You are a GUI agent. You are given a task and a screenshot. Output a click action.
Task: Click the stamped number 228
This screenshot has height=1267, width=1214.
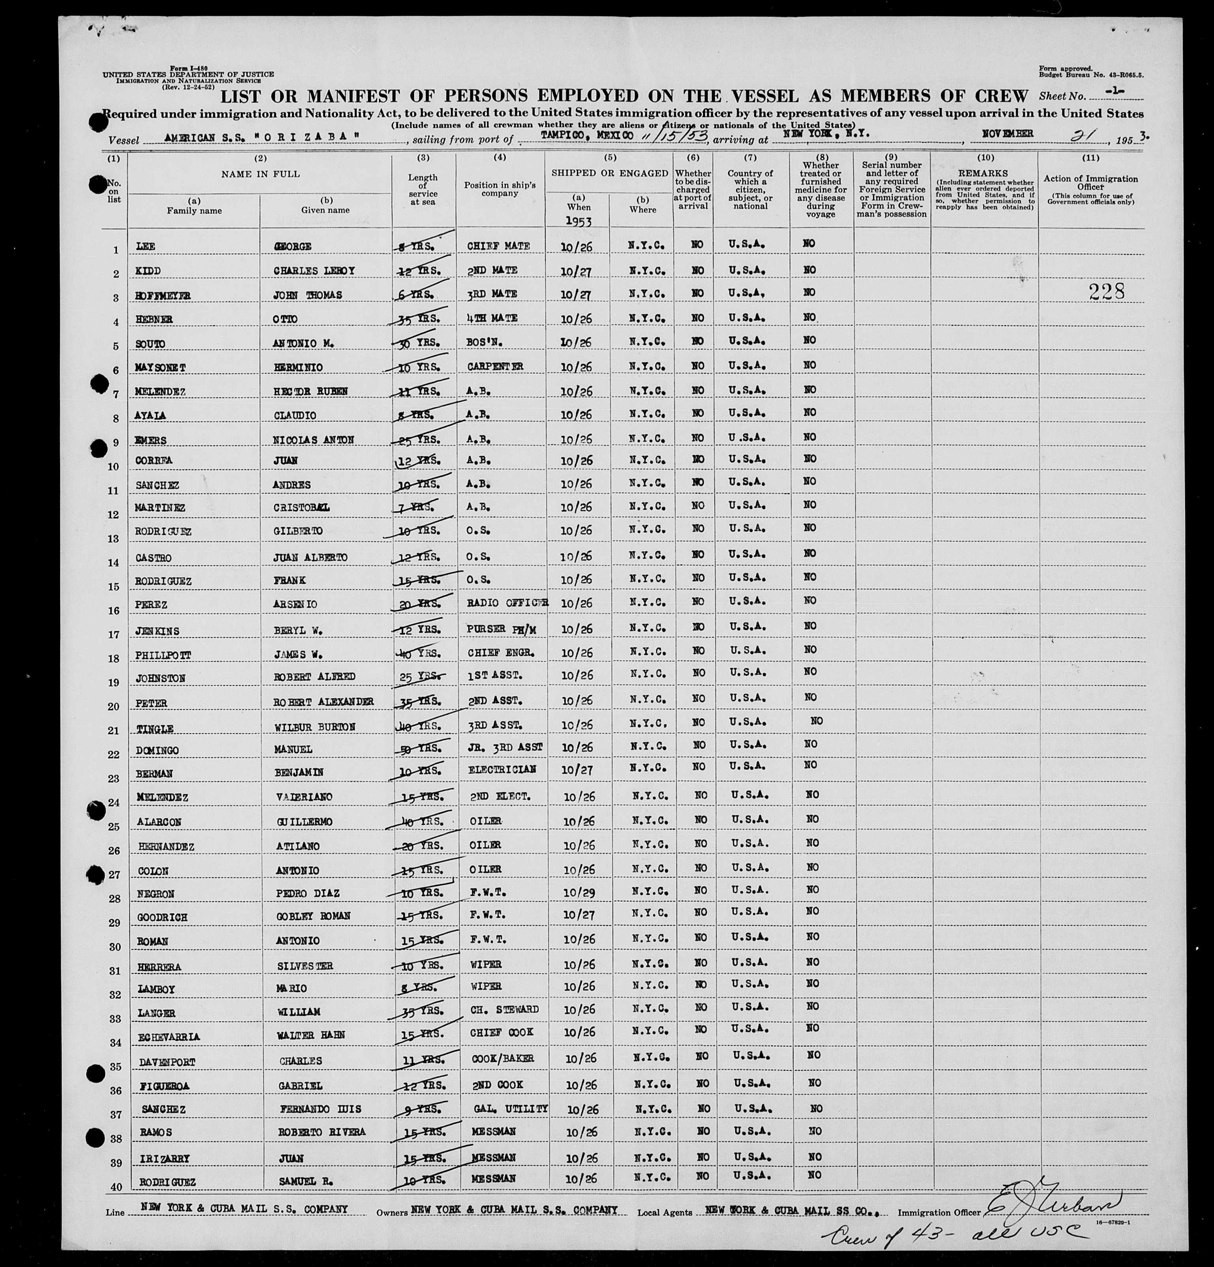coord(1106,292)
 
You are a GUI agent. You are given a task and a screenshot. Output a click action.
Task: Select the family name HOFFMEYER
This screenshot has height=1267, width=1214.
coord(163,296)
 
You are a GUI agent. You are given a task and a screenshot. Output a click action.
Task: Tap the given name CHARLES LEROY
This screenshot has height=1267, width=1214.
coord(314,271)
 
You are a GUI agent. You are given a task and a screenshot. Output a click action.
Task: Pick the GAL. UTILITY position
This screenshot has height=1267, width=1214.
coord(510,1108)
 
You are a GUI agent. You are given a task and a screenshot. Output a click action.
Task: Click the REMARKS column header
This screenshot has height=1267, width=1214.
coord(983,173)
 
